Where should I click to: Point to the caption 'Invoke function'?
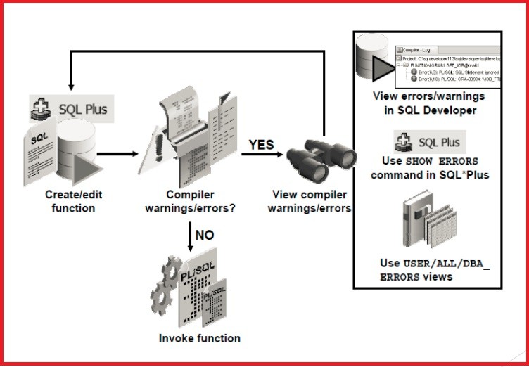point(199,338)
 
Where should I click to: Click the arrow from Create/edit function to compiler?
point(119,153)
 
